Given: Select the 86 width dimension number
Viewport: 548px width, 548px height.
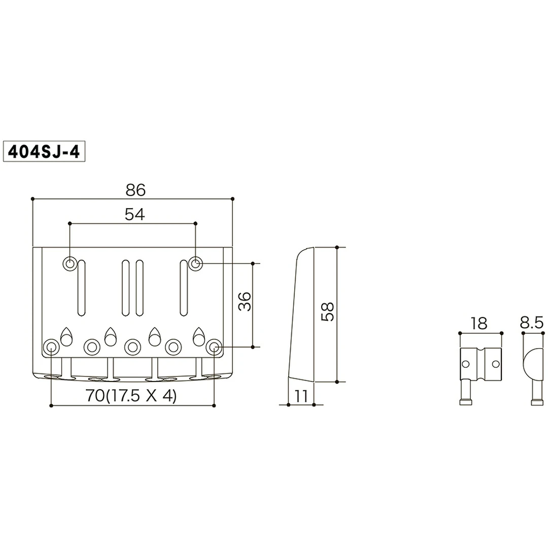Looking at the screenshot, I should click(135, 190).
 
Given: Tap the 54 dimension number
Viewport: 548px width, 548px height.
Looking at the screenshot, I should click(134, 215).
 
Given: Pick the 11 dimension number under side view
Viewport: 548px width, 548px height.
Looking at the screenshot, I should click(301, 396).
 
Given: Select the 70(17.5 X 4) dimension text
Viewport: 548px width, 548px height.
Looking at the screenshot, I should click(131, 396).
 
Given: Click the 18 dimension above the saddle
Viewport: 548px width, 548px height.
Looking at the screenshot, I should click(478, 323).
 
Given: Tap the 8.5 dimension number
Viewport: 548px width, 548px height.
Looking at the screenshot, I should click(532, 323).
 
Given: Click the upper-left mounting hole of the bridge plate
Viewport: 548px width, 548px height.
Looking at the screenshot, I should click(70, 263).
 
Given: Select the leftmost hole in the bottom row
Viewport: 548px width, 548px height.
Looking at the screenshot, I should click(51, 347).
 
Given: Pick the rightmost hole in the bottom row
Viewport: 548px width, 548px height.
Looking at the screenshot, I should click(214, 347).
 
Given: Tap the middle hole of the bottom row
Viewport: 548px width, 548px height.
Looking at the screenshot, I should click(132, 347).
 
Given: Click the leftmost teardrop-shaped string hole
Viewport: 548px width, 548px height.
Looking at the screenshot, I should click(66, 336).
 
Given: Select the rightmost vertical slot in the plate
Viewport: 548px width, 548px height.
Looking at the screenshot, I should click(183, 287).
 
